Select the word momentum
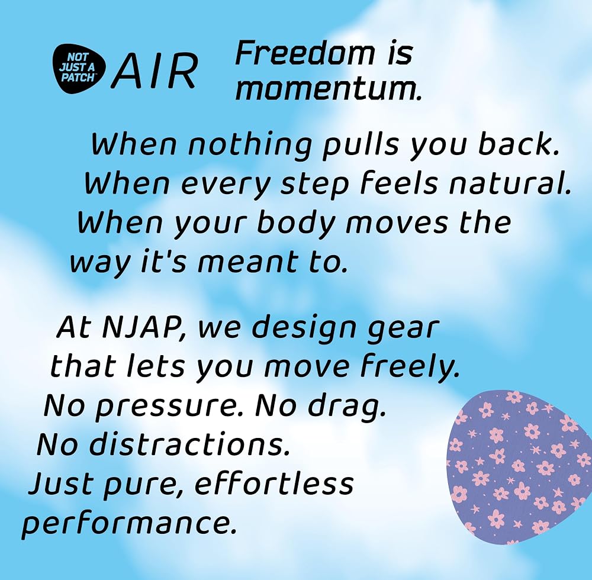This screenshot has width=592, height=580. (327, 90)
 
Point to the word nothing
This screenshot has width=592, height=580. (250, 146)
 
